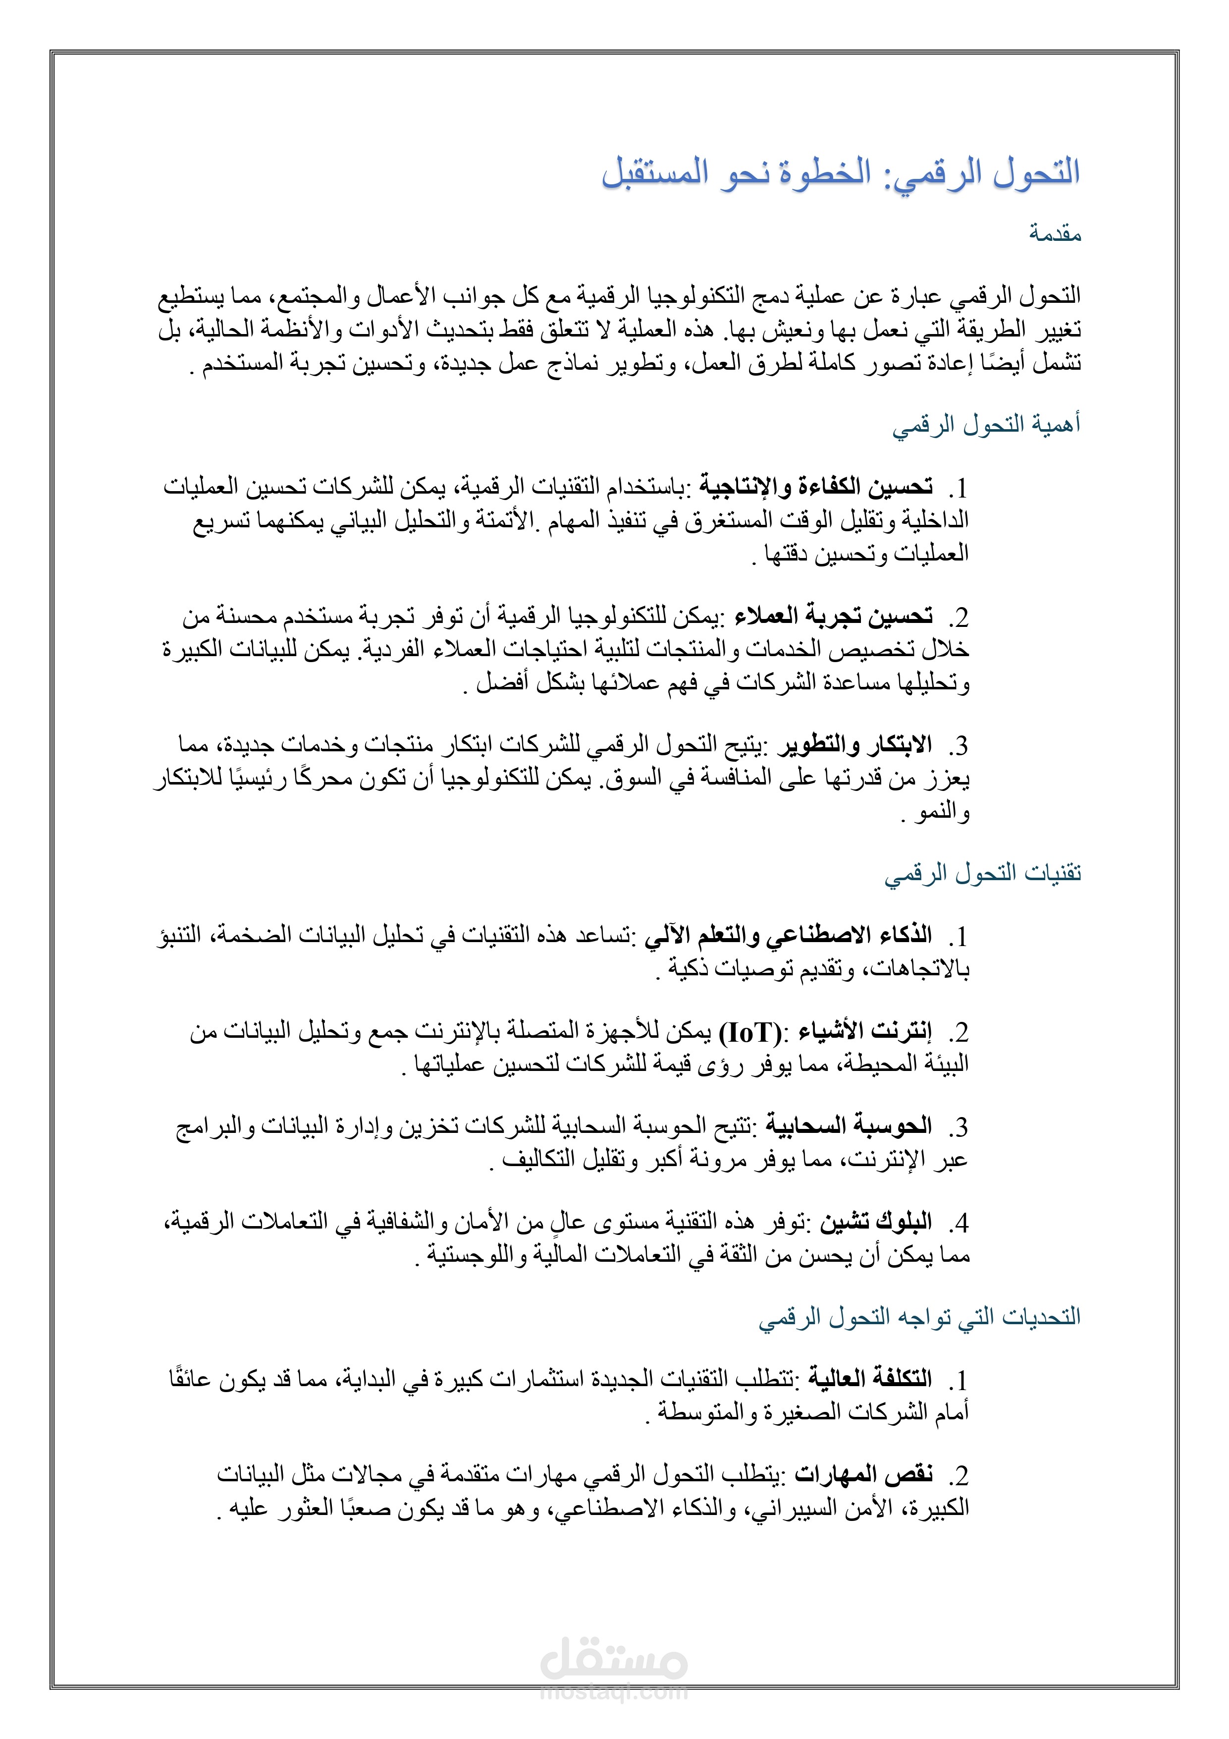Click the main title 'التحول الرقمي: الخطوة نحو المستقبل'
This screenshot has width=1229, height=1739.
(x=841, y=173)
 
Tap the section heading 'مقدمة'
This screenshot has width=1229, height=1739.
(x=1055, y=234)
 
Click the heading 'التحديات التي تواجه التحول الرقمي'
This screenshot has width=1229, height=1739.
(x=919, y=1317)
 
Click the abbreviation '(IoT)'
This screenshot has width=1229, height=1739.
(x=749, y=1032)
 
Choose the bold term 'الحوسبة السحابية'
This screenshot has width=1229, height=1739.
(x=848, y=1127)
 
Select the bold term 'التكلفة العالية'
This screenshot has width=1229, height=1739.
(x=869, y=1379)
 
